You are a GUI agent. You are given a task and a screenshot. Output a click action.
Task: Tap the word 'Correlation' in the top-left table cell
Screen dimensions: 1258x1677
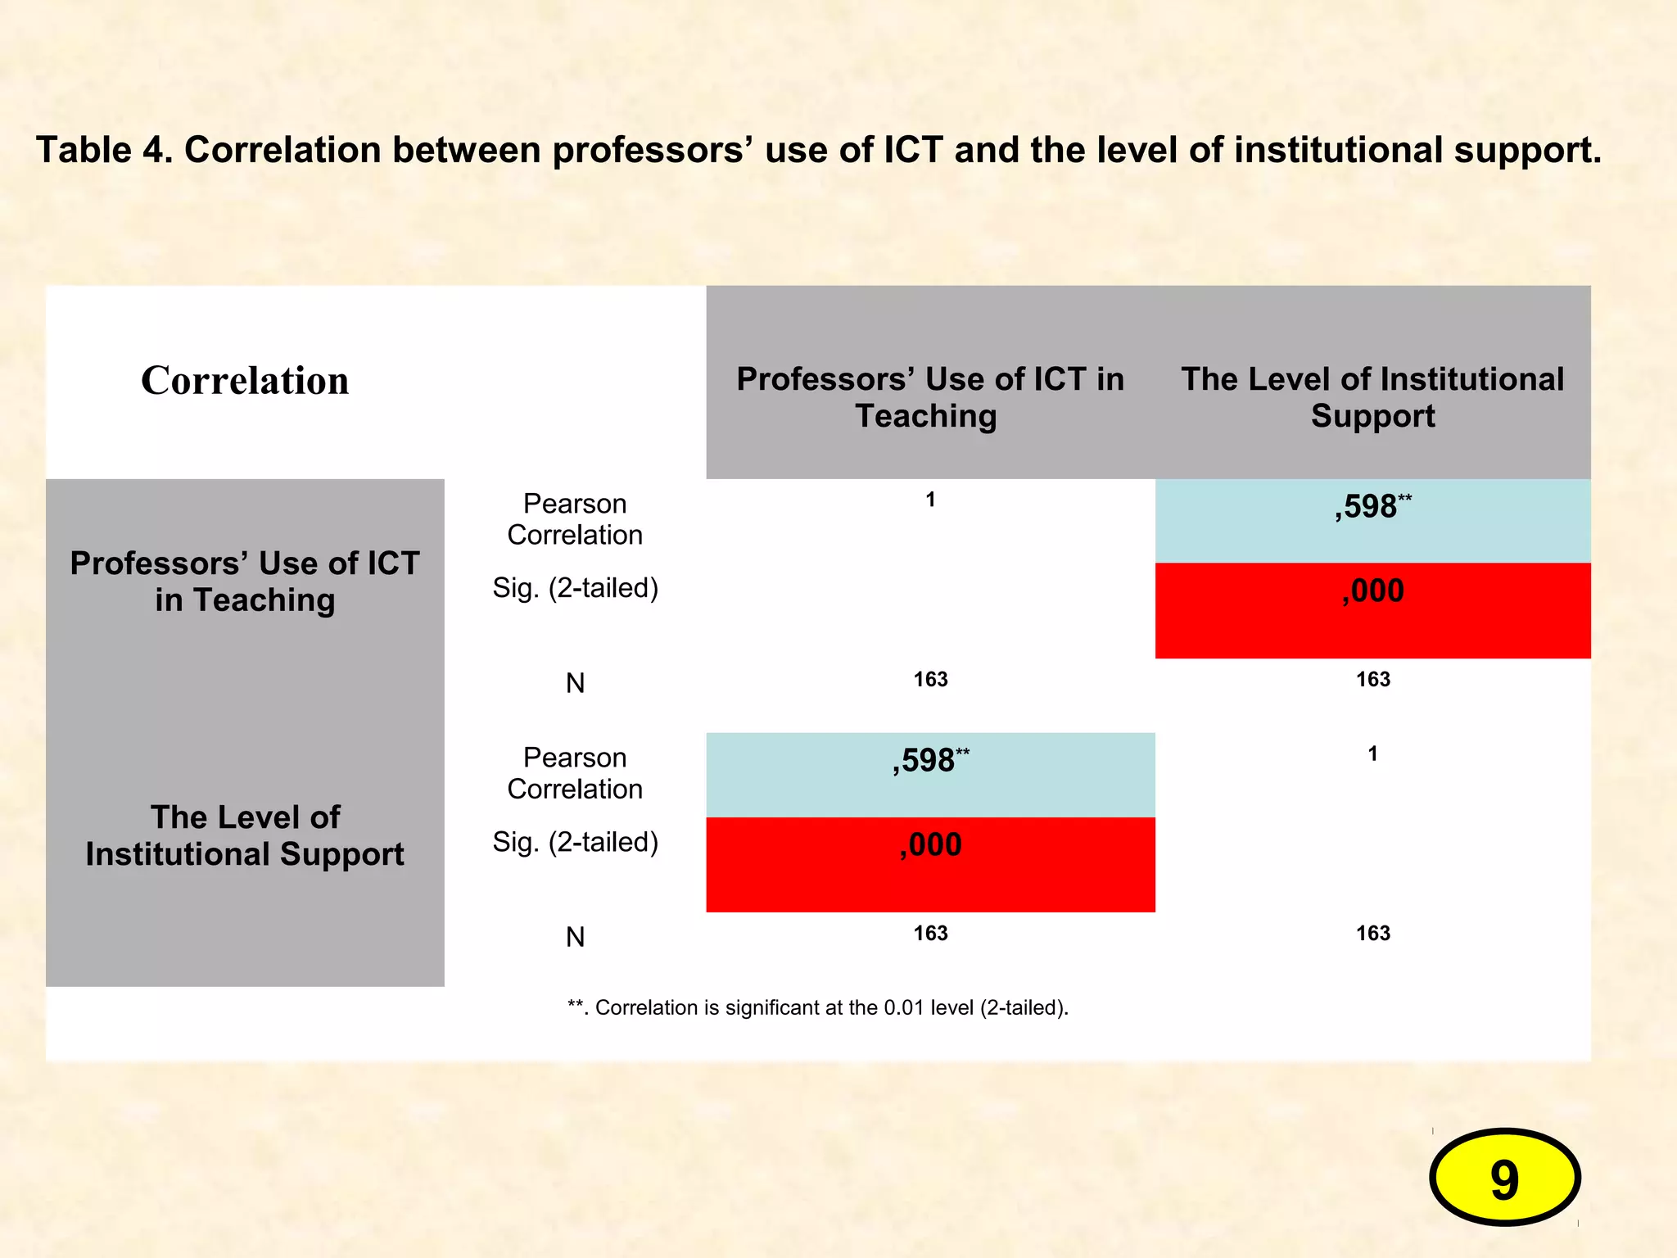coord(245,381)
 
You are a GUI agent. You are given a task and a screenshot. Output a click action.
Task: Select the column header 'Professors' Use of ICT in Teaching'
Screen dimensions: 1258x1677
coord(929,397)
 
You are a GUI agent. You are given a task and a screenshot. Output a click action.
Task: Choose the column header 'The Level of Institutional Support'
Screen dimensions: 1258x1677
coord(1372,397)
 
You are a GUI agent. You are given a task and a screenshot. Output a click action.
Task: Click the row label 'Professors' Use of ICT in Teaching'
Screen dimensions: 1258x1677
coord(245,581)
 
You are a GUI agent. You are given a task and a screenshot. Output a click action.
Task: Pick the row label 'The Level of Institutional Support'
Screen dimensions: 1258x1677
coord(245,835)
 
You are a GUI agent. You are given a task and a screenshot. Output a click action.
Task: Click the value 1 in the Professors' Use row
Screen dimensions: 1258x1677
coord(930,500)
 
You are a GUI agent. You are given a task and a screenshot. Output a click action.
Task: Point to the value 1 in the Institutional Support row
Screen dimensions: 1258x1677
coord(1372,753)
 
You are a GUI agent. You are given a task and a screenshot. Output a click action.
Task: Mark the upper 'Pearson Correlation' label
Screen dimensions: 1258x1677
coord(575,519)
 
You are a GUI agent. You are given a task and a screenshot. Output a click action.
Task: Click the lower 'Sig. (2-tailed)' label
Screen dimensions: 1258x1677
coord(575,842)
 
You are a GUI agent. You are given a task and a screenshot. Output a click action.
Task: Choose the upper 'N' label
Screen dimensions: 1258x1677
coord(575,683)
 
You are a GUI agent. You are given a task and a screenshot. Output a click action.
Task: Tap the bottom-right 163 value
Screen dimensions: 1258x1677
coord(1372,933)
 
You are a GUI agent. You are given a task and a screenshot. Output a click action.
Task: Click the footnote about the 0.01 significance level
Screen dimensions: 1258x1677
coord(818,1007)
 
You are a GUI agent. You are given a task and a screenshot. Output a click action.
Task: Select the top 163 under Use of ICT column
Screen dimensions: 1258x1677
coord(930,679)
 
